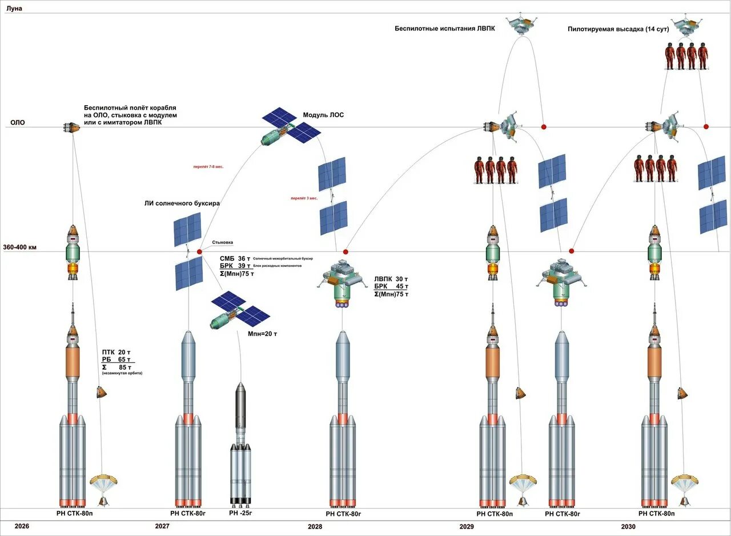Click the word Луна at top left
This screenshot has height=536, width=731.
pyautogui.click(x=14, y=9)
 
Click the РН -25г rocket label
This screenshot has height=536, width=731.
pyautogui.click(x=240, y=513)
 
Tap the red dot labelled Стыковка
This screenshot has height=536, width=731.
pyautogui.click(x=199, y=251)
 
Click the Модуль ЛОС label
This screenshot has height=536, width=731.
pyautogui.click(x=323, y=115)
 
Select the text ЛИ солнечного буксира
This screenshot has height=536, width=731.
pyautogui.click(x=182, y=203)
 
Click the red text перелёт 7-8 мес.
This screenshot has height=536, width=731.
pyautogui.click(x=208, y=167)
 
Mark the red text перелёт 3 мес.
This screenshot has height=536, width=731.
pyautogui.click(x=303, y=198)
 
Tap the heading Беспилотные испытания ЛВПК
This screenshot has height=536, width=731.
pyautogui.click(x=444, y=28)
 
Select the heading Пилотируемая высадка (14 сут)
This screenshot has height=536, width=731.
pyautogui.click(x=618, y=29)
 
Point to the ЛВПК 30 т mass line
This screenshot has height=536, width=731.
pyautogui.click(x=391, y=279)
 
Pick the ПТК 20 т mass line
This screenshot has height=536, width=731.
pyautogui.click(x=117, y=352)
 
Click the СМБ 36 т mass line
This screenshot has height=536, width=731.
pyautogui.click(x=235, y=258)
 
